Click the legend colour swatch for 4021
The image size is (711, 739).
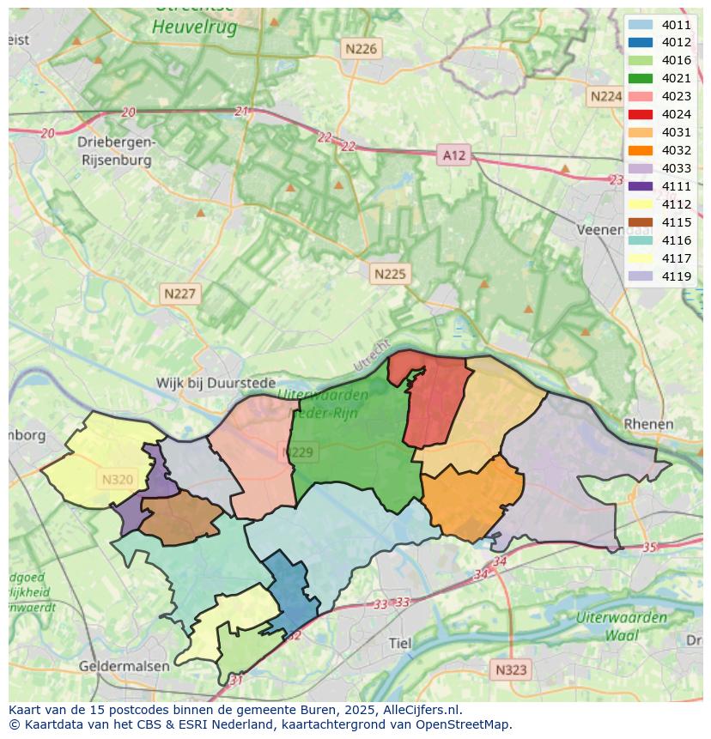coord(640,78)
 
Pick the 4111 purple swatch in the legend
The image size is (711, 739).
coord(640,186)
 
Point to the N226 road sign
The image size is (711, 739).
coord(360,49)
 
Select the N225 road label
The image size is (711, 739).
coord(390,275)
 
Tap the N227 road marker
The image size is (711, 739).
coord(180,294)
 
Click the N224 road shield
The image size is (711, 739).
coord(605,96)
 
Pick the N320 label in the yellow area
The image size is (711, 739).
coord(118,480)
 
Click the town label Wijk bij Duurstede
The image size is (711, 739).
coord(216,383)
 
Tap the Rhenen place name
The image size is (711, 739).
coord(649,424)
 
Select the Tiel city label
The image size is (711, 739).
coord(400,643)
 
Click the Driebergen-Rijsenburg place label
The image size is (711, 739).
coord(115,151)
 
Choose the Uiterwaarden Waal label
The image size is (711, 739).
coord(622,627)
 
